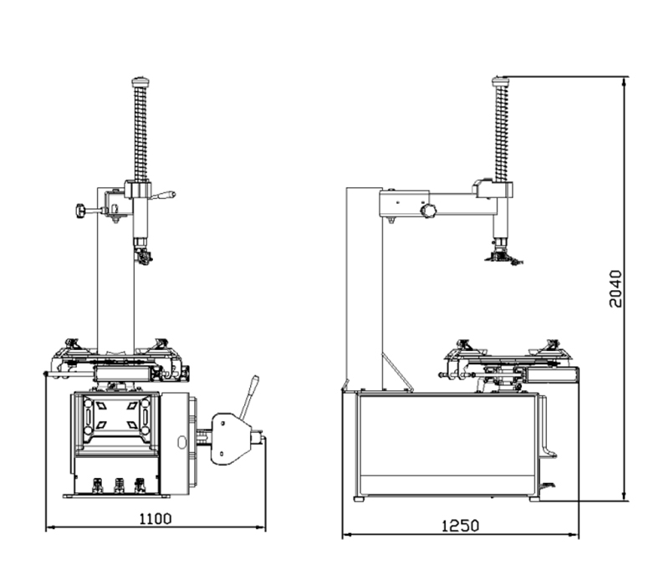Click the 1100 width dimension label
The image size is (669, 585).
pyautogui.click(x=156, y=518)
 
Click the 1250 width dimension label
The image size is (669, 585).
pyautogui.click(x=460, y=526)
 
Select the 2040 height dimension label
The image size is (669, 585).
pyautogui.click(x=615, y=288)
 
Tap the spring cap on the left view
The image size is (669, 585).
pyautogui.click(x=140, y=81)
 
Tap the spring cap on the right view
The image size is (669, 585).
pyautogui.click(x=501, y=81)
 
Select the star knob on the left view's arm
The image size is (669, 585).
pyautogui.click(x=80, y=211)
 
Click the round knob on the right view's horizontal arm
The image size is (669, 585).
pyautogui.click(x=428, y=211)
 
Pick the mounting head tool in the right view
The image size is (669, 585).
pyautogui.click(x=503, y=255)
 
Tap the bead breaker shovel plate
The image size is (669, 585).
pyautogui.click(x=231, y=438)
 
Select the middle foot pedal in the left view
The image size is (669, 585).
pyautogui.click(x=119, y=486)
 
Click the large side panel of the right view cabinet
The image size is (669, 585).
pyautogui.click(x=447, y=445)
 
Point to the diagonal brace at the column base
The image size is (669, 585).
pyautogui.click(x=396, y=371)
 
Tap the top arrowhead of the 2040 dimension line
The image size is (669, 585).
pyautogui.click(x=625, y=80)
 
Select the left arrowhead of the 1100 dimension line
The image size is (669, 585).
pyautogui.click(x=50, y=527)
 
